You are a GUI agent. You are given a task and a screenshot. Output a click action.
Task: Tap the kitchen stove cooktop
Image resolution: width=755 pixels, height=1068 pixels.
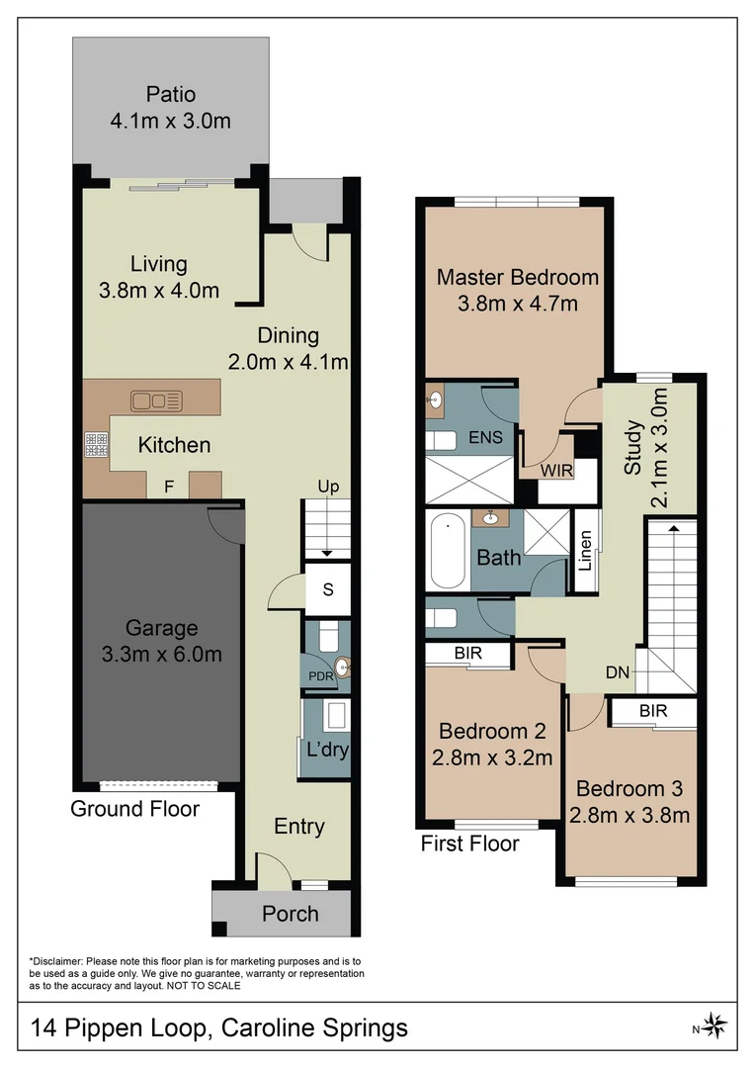click(x=96, y=445)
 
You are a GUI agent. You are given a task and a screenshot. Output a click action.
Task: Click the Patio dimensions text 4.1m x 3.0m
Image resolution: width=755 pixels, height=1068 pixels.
click(x=170, y=122)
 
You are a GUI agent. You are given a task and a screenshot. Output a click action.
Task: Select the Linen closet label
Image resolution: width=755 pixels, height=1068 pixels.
click(x=586, y=552)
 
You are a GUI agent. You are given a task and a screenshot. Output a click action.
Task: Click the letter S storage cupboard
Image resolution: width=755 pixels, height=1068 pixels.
click(x=327, y=589)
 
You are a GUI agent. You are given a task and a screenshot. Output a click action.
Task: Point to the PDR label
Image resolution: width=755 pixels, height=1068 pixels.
click(x=318, y=677)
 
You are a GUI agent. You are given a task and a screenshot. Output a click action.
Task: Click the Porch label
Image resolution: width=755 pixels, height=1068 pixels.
click(x=290, y=914)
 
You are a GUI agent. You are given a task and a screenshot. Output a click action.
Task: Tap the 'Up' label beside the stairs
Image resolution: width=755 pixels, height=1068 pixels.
click(x=328, y=487)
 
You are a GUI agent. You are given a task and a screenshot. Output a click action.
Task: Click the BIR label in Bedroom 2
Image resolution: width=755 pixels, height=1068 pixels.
click(x=467, y=654)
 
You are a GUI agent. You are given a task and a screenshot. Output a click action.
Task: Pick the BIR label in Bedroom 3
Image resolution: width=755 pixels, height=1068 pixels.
click(x=652, y=711)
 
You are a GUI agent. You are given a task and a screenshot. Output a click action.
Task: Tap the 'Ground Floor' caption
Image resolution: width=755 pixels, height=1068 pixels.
click(x=134, y=809)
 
